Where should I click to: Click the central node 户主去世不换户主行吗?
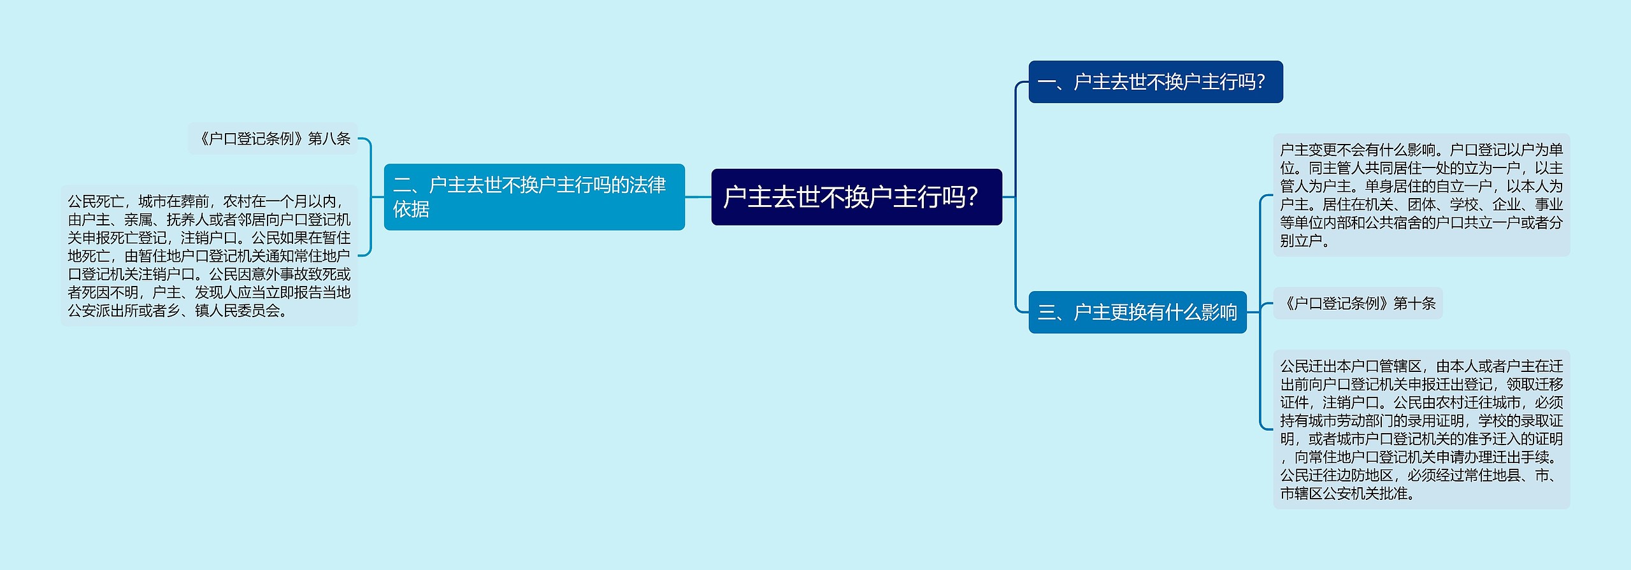click(856, 197)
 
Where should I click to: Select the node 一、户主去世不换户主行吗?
click(1155, 82)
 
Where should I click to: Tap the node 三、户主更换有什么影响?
click(1137, 312)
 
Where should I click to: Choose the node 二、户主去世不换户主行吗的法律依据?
click(534, 197)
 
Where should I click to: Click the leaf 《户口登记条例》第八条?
click(274, 139)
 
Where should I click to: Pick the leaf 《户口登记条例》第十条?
click(1358, 303)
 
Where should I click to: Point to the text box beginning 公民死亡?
click(209, 255)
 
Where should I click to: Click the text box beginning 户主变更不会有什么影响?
click(1421, 195)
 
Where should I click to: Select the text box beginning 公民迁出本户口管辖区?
click(1421, 429)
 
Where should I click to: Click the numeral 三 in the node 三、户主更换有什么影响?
click(1046, 312)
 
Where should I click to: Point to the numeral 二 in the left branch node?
click(402, 185)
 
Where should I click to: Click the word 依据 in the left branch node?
click(412, 210)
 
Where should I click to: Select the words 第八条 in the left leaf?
click(329, 139)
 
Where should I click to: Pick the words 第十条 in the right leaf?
click(1414, 303)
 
